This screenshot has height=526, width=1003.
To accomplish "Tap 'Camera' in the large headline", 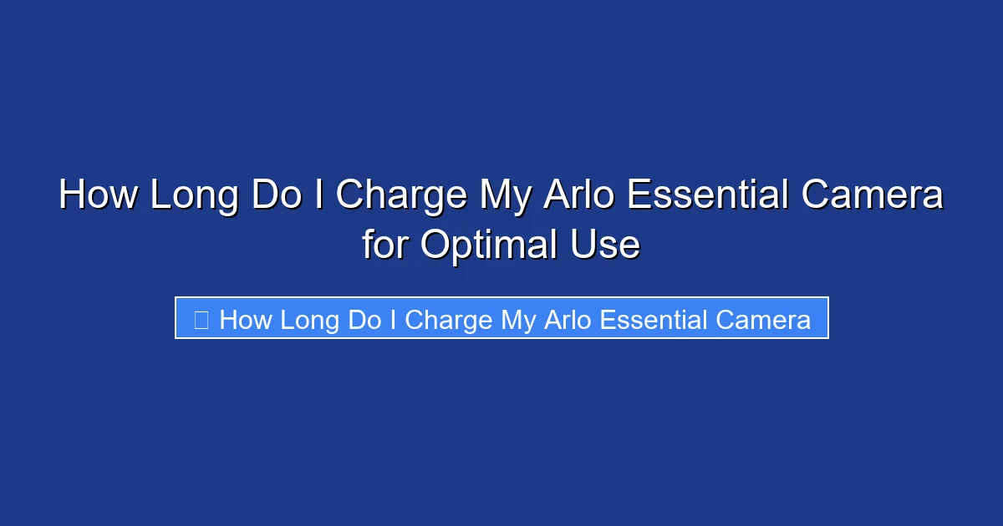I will tap(873, 197).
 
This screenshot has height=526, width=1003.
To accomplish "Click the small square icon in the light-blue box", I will tap(201, 320).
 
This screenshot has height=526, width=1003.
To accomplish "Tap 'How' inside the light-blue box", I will tap(246, 320).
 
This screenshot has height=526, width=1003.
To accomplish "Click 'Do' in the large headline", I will tap(277, 197).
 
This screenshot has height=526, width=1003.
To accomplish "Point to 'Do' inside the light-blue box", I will tap(364, 320).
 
